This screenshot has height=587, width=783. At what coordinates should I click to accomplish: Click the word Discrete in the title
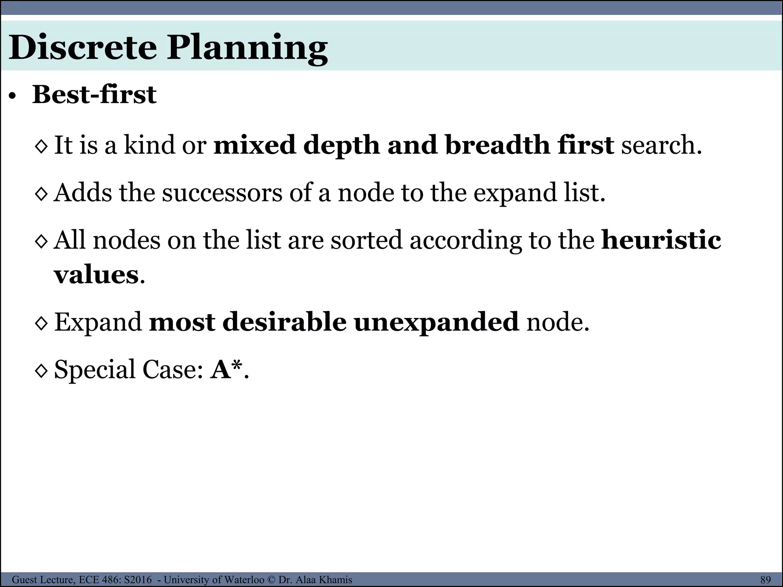tap(83, 47)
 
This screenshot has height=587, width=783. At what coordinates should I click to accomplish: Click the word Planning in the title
tap(247, 49)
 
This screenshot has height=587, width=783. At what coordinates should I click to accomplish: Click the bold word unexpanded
tap(436, 323)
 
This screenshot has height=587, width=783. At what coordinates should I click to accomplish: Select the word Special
tap(94, 370)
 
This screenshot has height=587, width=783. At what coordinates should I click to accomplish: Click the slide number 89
tap(765, 580)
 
